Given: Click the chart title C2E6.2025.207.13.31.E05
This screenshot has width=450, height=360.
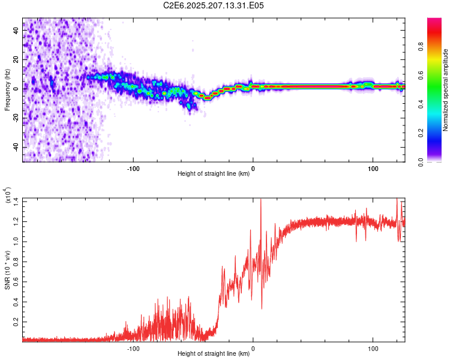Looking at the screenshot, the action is (x=213, y=5).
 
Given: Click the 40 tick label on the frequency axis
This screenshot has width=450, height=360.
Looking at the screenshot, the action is (x=16, y=30).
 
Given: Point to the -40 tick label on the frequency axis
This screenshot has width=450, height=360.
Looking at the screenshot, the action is (x=16, y=147).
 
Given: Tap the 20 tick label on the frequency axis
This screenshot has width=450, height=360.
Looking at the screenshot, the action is (x=16, y=59).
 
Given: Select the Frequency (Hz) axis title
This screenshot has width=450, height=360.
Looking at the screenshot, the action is (x=7, y=90).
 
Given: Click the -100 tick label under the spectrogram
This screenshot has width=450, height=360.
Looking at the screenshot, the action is (x=133, y=169).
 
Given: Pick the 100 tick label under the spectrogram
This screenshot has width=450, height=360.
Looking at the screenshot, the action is (x=373, y=169).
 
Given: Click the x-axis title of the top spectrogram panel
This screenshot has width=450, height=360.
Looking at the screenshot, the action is (x=214, y=173).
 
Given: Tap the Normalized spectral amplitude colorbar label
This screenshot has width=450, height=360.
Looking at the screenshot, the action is (x=445, y=90).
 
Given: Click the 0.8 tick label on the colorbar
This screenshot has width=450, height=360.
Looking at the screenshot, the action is (x=421, y=47).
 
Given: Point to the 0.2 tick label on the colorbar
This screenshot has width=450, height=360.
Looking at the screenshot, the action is (x=421, y=133).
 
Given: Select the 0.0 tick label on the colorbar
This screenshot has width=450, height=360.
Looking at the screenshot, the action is (x=421, y=162).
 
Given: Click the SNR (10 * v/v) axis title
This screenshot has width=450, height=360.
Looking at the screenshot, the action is (x=7, y=270).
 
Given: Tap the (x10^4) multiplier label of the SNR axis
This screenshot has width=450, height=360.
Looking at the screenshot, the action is (x=7, y=195).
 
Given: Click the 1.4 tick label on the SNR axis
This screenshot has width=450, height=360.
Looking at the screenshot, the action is (x=16, y=202).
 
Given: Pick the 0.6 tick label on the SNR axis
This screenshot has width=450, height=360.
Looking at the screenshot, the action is (x=16, y=282).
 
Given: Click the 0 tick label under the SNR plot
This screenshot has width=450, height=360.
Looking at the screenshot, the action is (x=253, y=349).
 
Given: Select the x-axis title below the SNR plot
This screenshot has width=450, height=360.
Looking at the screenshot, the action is (x=214, y=353).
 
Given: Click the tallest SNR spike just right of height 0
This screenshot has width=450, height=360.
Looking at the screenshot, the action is (x=261, y=199).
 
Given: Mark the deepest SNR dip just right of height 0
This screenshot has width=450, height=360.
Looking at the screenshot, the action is (x=262, y=308).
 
